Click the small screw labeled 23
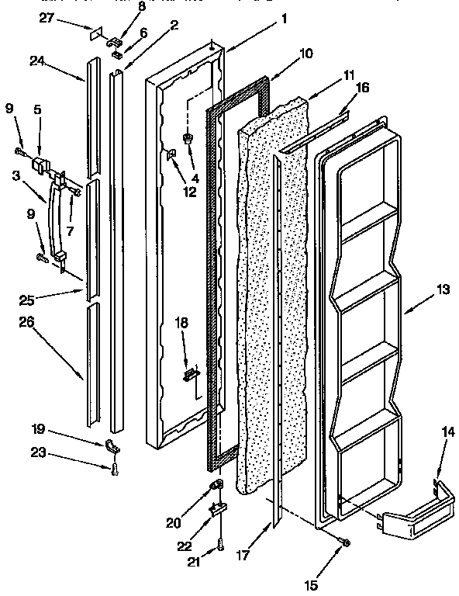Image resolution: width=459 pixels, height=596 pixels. tap(114, 468)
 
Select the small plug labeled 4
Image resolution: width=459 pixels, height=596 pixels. tap(188, 139)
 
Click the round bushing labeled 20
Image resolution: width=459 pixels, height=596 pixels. tap(216, 487)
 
